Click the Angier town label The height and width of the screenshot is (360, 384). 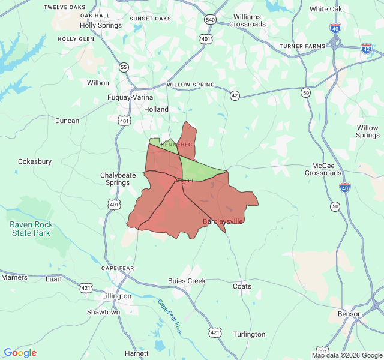click(x=184, y=181)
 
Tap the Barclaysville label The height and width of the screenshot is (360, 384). click(x=223, y=221)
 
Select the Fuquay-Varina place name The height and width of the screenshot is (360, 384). click(x=130, y=97)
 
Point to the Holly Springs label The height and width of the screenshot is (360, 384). click(x=101, y=26)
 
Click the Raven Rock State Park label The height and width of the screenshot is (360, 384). click(x=31, y=229)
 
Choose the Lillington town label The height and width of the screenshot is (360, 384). click(x=117, y=296)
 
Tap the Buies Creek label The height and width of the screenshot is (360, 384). click(x=187, y=281)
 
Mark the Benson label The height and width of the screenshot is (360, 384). click(x=350, y=314)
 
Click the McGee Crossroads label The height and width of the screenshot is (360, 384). click(x=323, y=169)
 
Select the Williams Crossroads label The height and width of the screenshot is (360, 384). click(x=250, y=20)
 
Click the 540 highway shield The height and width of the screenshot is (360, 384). click(x=210, y=20)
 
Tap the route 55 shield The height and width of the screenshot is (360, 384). click(x=124, y=67)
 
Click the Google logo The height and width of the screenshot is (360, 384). click(x=20, y=353)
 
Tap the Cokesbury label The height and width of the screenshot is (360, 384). click(x=35, y=161)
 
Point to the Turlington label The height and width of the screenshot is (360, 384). click(x=249, y=334)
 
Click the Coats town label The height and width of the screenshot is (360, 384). click(x=242, y=286)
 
